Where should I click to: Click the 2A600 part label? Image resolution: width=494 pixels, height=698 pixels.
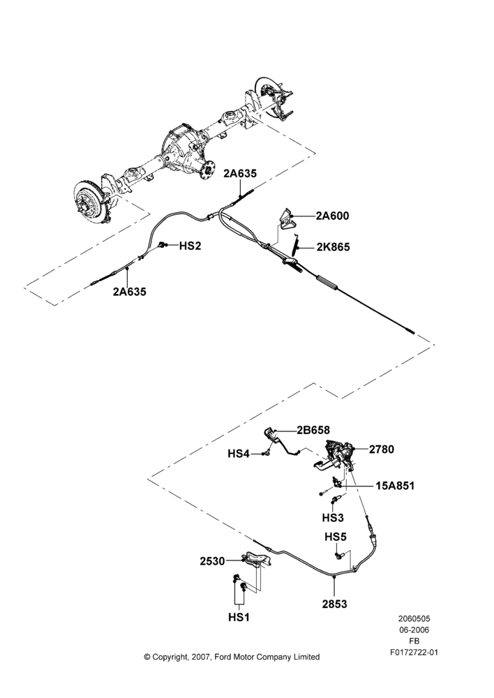[332, 216]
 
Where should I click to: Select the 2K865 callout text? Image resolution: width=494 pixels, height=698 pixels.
[333, 247]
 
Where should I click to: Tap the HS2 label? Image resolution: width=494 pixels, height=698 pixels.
[190, 246]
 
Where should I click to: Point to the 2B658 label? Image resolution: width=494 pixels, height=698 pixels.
[313, 430]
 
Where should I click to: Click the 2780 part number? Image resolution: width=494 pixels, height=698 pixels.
[382, 449]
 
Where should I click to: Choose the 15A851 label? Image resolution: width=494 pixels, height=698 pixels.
[395, 486]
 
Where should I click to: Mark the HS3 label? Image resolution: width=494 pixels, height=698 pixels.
[333, 518]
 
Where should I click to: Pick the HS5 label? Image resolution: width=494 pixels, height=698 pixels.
[336, 537]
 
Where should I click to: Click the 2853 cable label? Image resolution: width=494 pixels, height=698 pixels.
[334, 604]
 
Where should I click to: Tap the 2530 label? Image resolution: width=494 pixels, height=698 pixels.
[212, 561]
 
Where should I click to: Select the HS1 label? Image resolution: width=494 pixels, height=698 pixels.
[239, 618]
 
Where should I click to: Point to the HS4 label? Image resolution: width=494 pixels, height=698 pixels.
[239, 454]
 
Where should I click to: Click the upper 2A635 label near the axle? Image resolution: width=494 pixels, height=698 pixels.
[240, 174]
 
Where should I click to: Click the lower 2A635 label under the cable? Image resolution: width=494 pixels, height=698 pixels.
[129, 292]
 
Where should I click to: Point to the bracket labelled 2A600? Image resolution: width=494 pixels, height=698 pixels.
[285, 220]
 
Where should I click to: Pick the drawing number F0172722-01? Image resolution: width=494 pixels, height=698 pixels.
[414, 653]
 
